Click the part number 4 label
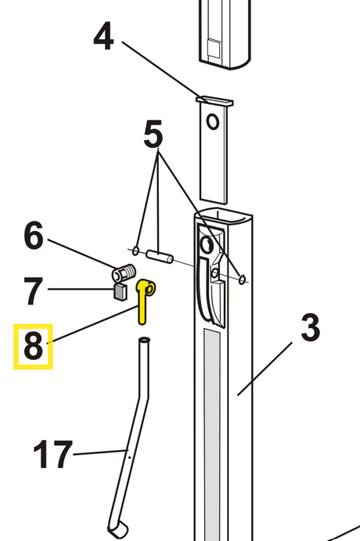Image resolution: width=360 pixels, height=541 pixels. tap(103, 36)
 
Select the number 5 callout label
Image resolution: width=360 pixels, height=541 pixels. tap(153, 134)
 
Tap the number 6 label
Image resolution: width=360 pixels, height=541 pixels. tap(34, 236)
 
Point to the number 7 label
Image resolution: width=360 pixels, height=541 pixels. tap(33, 291)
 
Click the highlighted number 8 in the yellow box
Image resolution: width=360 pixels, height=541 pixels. tap(33, 346)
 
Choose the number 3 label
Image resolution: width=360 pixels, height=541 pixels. tap(311, 328)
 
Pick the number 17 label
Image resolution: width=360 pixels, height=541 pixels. tap(52, 454)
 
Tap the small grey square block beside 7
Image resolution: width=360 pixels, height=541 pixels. tap(120, 292)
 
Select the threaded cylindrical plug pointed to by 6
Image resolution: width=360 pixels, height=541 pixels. tap(124, 273)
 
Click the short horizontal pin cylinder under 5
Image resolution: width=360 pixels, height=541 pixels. tap(160, 256)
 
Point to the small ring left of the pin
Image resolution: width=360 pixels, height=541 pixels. tap(135, 251)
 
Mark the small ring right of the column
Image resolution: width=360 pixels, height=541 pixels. tap(243, 278)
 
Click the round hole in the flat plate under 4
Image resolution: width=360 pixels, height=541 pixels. tap(213, 122)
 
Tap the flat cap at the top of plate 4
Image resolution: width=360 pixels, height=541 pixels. tap(214, 100)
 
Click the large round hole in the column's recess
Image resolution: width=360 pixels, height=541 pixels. tap(207, 245)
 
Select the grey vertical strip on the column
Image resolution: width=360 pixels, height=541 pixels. tap(212, 435)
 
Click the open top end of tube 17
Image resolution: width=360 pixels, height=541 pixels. tap(145, 341)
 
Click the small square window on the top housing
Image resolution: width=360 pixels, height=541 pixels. tap(214, 48)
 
